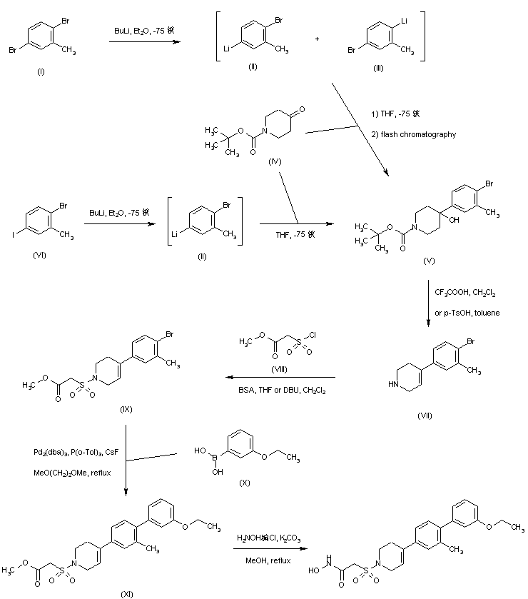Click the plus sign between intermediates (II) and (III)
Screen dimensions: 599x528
(x=317, y=39)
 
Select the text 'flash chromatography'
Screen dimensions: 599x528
(x=412, y=134)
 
